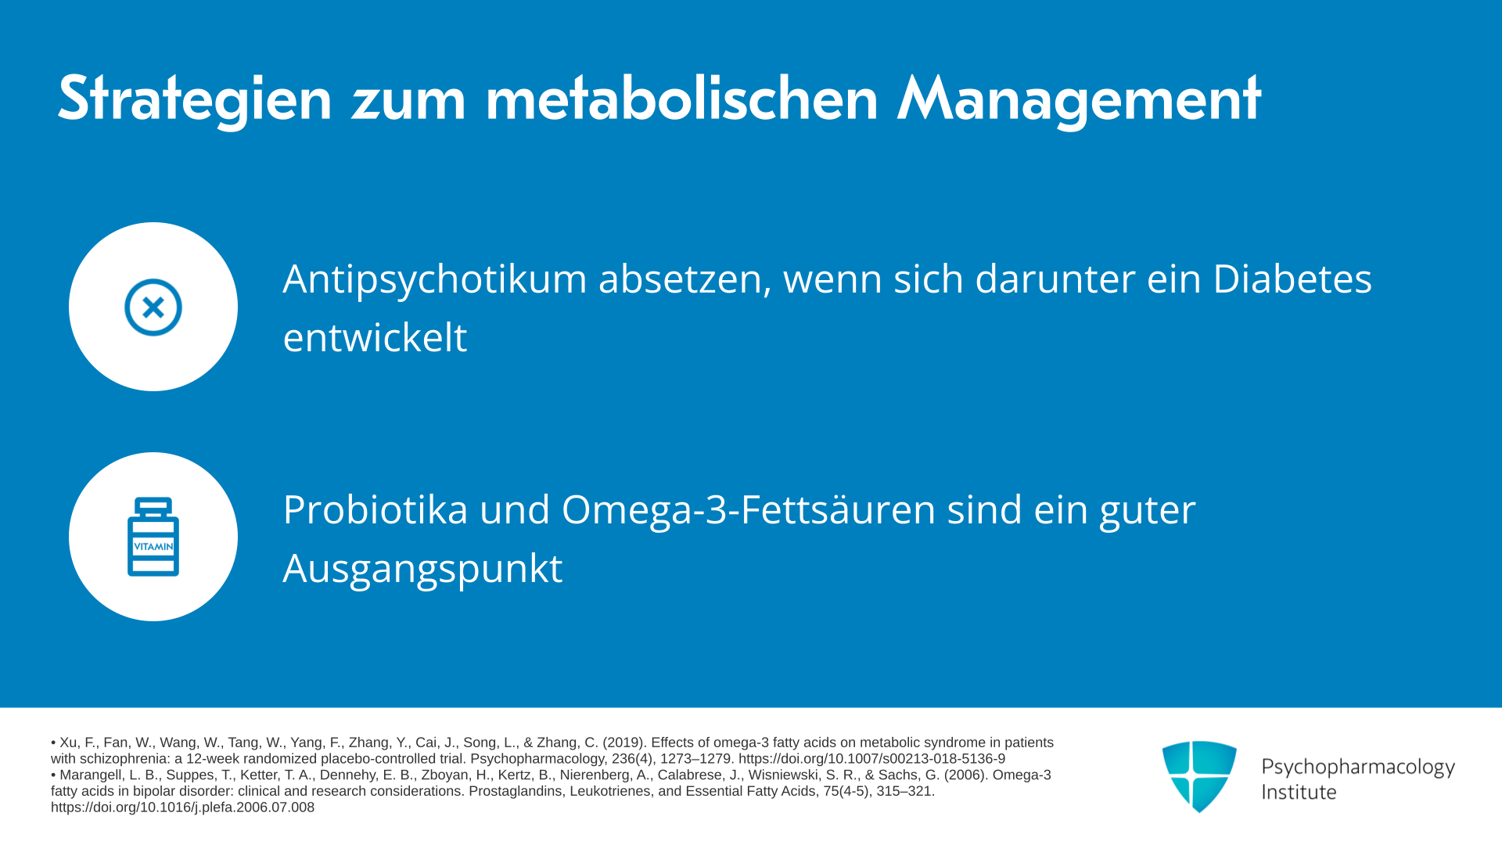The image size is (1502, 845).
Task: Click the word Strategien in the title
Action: tap(195, 99)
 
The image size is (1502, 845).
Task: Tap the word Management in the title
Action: tap(1079, 99)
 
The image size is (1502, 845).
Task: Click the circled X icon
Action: tap(153, 307)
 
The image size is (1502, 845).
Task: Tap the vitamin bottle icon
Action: tap(153, 537)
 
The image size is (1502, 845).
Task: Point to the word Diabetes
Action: tap(1292, 279)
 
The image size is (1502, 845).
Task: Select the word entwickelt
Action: tap(375, 337)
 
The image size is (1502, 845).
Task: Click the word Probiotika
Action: tap(375, 509)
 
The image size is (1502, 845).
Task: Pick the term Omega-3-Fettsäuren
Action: tap(749, 511)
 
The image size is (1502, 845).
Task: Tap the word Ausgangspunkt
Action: tap(422, 570)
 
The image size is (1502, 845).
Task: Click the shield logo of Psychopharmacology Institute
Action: tap(1199, 776)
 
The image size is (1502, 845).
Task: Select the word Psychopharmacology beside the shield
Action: tap(1358, 768)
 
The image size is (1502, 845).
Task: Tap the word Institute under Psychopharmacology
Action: tap(1299, 792)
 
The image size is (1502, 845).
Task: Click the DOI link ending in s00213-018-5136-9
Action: tap(871, 759)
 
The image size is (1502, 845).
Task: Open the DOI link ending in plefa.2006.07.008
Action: tap(182, 807)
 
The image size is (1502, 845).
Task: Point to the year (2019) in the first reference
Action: tap(623, 743)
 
